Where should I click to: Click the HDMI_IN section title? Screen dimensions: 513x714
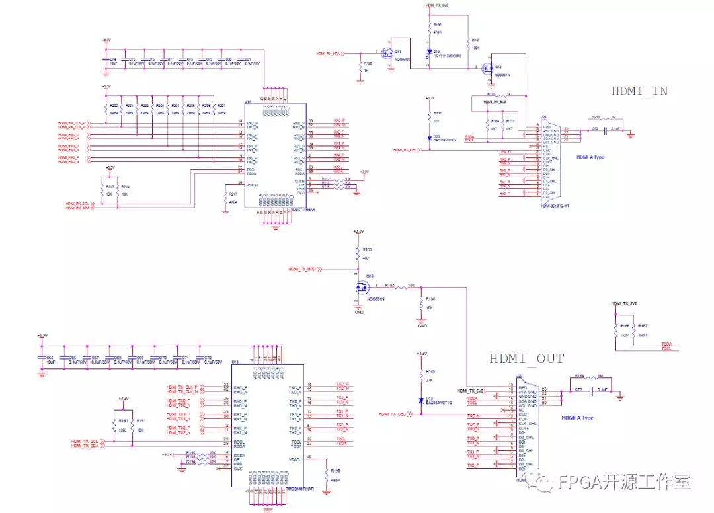pos(640,91)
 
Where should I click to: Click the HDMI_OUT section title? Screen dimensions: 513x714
pos(527,359)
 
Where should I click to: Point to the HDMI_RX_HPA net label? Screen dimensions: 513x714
pos(329,52)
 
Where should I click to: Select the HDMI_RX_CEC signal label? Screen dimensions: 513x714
pos(405,150)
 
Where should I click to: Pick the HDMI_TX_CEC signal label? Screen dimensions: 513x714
pos(393,414)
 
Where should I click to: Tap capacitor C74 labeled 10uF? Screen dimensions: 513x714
pos(105,61)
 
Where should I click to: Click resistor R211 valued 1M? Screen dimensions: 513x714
pos(596,120)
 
